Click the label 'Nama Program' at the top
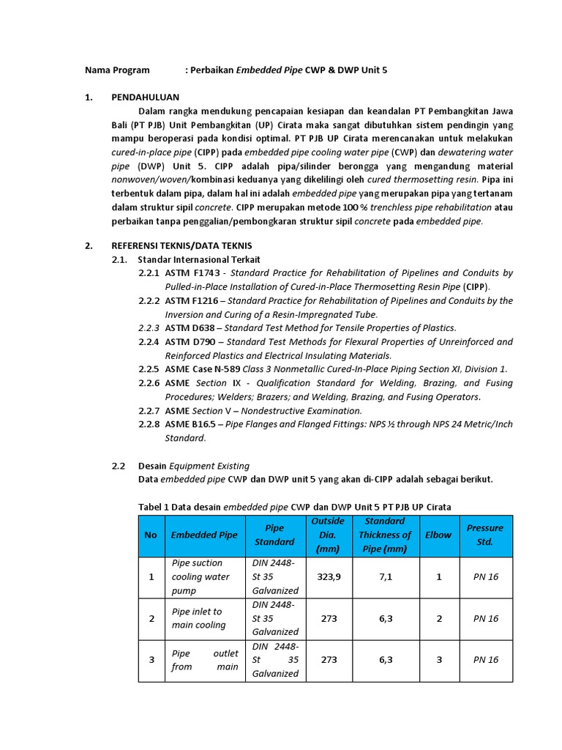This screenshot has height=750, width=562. (x=117, y=70)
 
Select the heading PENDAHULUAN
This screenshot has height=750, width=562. (x=145, y=97)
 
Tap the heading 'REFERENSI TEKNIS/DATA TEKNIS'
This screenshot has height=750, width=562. (x=181, y=245)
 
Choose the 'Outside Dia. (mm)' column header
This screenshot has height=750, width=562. (x=327, y=535)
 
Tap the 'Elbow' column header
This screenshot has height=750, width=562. (x=439, y=535)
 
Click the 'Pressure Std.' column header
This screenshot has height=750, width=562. (x=484, y=535)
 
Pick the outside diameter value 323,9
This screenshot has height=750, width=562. (x=329, y=577)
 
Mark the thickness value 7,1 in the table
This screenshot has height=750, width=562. (x=386, y=577)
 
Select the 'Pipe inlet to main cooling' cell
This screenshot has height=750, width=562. (x=198, y=618)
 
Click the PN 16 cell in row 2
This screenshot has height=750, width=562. (x=485, y=618)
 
